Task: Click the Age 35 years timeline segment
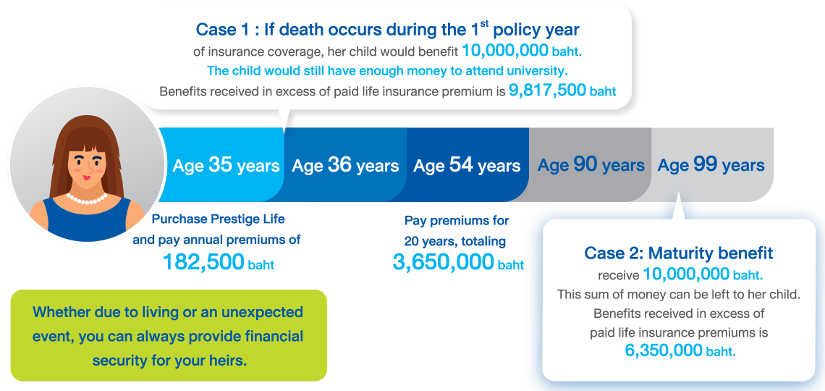coord(225,164)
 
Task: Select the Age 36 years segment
coord(345,164)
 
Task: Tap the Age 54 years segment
coord(467,164)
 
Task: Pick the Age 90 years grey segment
coord(591,164)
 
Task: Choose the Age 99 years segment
coord(711,164)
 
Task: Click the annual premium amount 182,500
coord(203,261)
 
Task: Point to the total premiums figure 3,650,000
coord(443,261)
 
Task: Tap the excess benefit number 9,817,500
coord(547,91)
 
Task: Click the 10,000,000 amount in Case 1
coord(504,50)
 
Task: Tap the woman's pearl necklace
coord(87,199)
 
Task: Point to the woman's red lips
coord(87,176)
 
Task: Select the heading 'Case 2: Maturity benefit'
coord(678,253)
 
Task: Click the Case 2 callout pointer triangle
coord(679,208)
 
